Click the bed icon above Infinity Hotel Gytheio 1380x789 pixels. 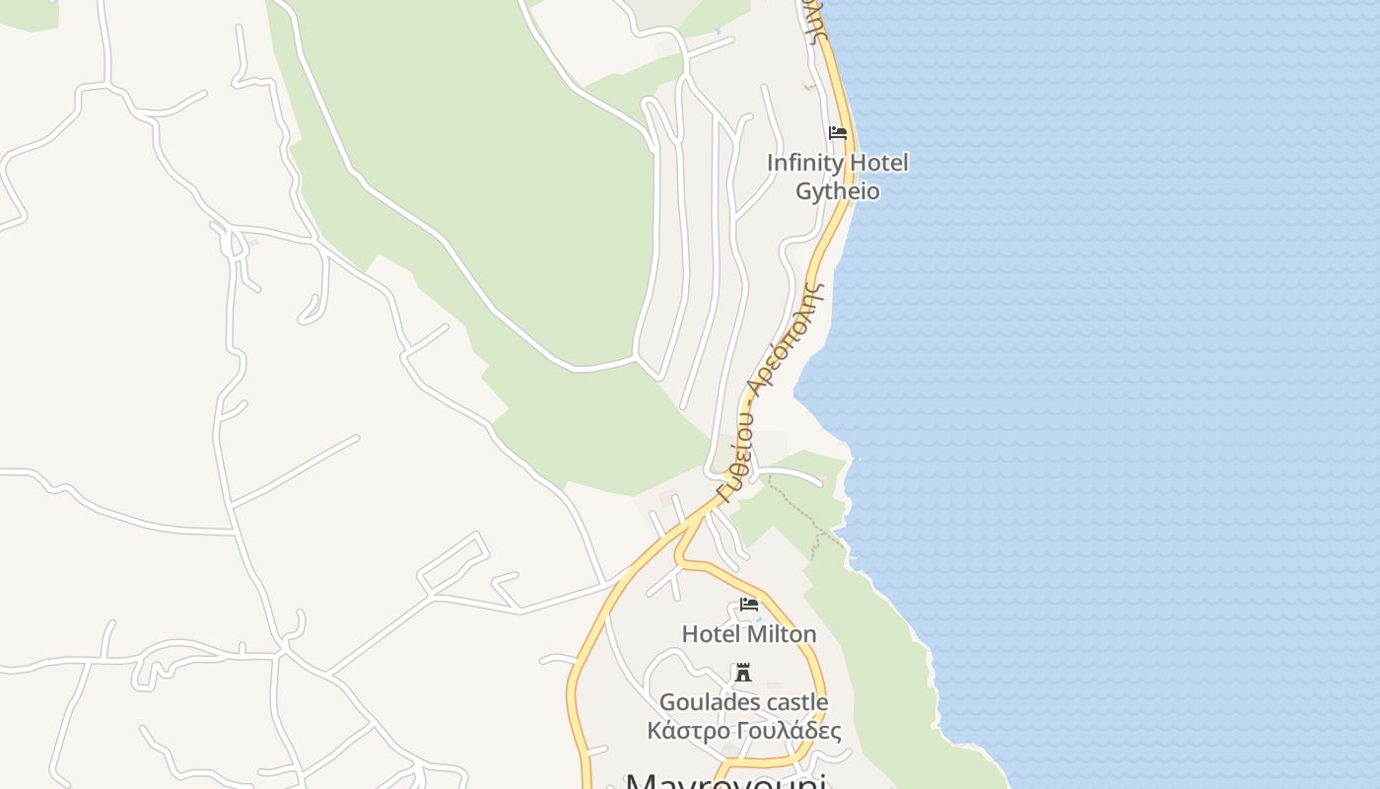click(x=838, y=133)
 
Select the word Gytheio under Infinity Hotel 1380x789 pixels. click(x=837, y=191)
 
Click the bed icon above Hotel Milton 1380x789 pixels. click(x=749, y=605)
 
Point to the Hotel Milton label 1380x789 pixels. click(x=749, y=633)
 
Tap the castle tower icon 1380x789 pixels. click(x=743, y=674)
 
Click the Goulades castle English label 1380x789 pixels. click(x=743, y=702)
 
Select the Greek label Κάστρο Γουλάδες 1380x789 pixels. click(x=744, y=731)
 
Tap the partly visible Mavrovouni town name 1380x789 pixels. click(x=724, y=781)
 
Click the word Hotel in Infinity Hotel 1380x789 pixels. click(x=877, y=163)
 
